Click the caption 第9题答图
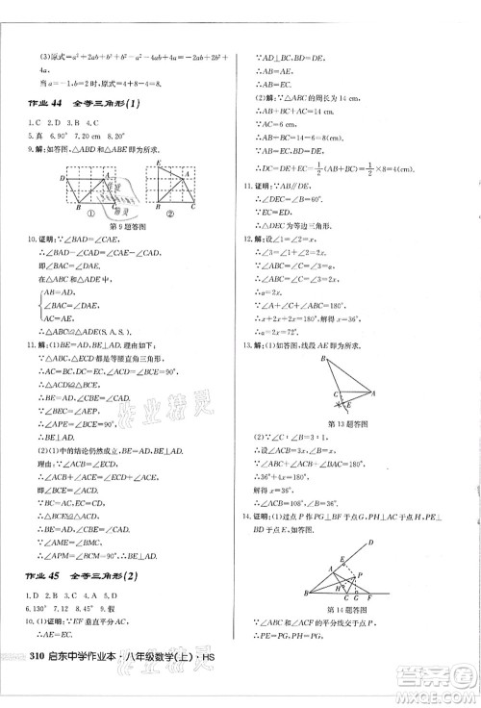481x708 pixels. [131, 226]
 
